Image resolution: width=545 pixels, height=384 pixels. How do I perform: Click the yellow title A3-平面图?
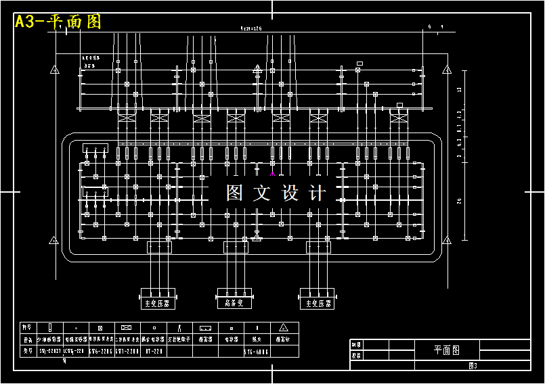58,22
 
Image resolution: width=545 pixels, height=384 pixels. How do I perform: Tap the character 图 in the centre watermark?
234,193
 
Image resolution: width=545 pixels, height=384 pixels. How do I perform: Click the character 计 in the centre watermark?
316,193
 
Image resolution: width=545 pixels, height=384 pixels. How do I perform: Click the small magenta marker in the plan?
272,172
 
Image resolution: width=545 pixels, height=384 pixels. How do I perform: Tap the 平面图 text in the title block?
447,350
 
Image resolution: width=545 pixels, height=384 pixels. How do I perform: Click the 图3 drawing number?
473,366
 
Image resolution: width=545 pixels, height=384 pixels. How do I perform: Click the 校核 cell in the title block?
357,355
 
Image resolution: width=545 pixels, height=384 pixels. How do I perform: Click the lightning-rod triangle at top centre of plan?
257,69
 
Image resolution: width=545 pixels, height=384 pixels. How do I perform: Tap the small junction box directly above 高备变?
236,247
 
